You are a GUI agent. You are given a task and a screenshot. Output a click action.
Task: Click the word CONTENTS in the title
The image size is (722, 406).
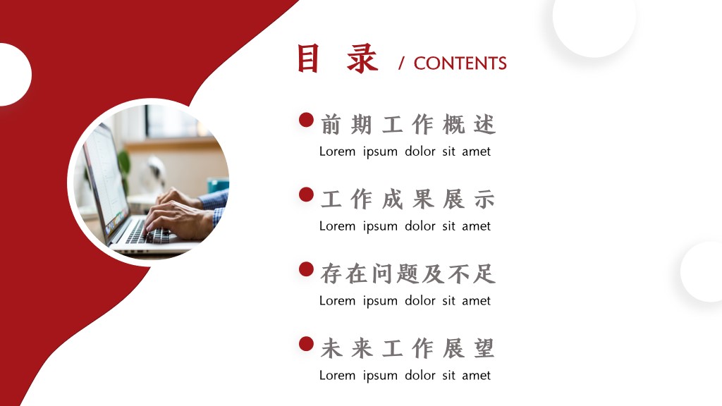pyautogui.click(x=460, y=63)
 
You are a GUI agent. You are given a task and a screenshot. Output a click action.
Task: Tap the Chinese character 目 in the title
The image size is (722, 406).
pyautogui.click(x=308, y=59)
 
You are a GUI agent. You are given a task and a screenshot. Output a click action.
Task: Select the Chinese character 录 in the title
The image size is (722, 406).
pyautogui.click(x=362, y=59)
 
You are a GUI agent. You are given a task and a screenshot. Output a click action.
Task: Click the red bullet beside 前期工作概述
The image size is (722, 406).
pyautogui.click(x=306, y=120)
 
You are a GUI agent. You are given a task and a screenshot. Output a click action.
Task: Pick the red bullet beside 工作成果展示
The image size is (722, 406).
pyautogui.click(x=306, y=195)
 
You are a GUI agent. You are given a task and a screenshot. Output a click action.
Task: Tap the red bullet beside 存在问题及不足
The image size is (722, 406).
pyautogui.click(x=306, y=269)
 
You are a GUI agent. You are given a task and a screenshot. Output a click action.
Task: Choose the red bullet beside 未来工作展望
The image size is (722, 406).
pyautogui.click(x=306, y=344)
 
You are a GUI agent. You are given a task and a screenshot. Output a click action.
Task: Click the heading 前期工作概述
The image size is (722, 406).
pyautogui.click(x=408, y=124)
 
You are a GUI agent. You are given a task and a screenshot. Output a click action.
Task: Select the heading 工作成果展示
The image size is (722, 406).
pyautogui.click(x=408, y=199)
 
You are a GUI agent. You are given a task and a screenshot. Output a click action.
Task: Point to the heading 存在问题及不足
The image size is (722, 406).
pyautogui.click(x=408, y=273)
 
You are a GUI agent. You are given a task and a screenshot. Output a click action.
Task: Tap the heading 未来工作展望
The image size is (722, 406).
pyautogui.click(x=408, y=348)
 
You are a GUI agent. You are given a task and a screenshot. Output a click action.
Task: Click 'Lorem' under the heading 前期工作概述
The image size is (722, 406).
pyautogui.click(x=338, y=152)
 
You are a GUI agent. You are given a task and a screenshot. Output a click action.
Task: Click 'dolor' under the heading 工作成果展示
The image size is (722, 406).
pyautogui.click(x=420, y=226)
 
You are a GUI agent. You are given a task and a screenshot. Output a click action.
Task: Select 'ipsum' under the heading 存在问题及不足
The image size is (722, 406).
pyautogui.click(x=380, y=302)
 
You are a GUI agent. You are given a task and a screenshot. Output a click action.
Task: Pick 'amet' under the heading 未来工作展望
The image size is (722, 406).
pyautogui.click(x=476, y=376)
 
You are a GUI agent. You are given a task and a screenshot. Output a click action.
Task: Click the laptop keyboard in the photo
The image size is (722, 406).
pyautogui.click(x=147, y=233)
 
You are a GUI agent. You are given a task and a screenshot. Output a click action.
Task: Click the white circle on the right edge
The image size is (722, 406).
pyautogui.click(x=702, y=271)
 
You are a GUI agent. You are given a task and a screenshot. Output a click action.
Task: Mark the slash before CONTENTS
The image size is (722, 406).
pyautogui.click(x=401, y=63)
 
